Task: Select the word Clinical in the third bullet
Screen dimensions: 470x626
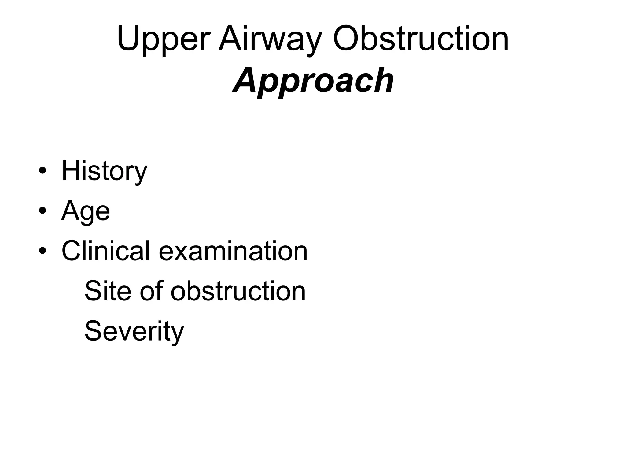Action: click(x=106, y=251)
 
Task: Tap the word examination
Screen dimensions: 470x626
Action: click(x=233, y=251)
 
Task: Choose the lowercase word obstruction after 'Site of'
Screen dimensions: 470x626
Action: click(x=238, y=291)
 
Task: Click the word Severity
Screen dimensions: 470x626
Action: click(x=134, y=331)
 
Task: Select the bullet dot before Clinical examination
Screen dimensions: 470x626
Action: click(x=42, y=251)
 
